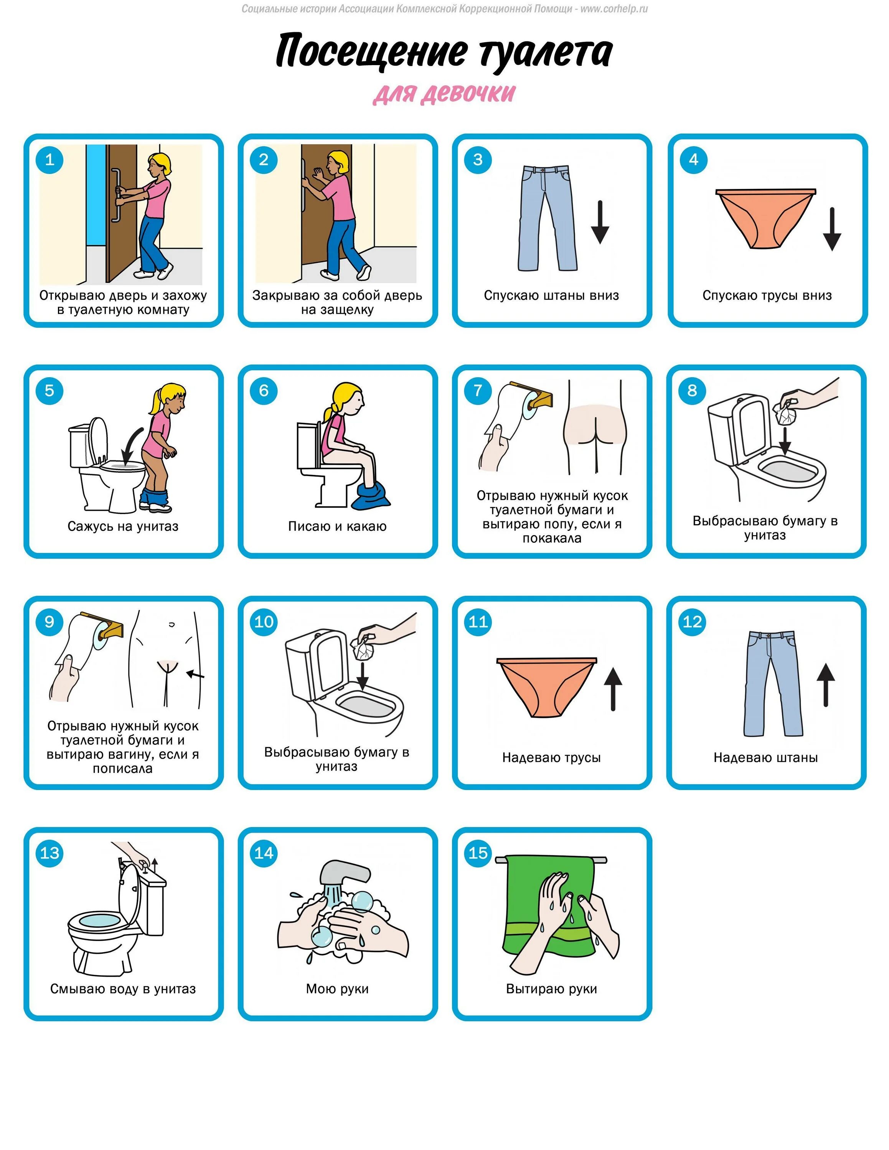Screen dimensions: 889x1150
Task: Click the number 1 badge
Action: (49, 159)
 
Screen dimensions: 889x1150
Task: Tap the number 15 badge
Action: (478, 853)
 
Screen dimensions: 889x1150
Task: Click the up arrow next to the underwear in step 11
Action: (613, 689)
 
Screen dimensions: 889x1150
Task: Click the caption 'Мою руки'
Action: (337, 988)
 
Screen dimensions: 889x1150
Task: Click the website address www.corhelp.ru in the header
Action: (614, 8)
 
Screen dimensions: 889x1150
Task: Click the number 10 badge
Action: (264, 621)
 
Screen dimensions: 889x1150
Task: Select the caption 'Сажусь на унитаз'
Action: (123, 526)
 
